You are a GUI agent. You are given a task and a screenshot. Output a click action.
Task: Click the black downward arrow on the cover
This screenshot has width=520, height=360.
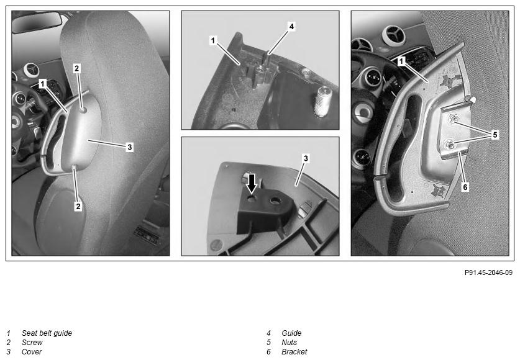click(252, 183)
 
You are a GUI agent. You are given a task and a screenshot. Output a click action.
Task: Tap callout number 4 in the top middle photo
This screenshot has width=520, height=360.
click(291, 27)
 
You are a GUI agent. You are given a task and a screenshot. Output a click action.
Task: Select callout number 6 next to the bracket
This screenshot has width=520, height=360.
click(465, 187)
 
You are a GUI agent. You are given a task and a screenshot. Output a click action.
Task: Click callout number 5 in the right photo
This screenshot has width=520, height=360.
click(495, 135)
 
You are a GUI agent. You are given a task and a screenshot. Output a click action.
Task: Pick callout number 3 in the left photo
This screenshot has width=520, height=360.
click(130, 147)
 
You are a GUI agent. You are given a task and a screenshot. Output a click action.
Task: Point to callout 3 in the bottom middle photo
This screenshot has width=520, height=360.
click(306, 158)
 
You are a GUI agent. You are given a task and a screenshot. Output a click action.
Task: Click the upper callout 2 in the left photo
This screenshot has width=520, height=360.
click(76, 68)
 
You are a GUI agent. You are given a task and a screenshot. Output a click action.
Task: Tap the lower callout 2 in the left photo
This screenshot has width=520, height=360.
click(78, 206)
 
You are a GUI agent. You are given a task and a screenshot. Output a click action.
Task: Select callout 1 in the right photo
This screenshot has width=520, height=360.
click(401, 61)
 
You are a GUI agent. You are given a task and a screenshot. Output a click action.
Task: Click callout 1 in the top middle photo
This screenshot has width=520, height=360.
click(213, 41)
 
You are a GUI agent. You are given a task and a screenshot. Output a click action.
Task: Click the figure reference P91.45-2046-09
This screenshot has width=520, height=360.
click(488, 272)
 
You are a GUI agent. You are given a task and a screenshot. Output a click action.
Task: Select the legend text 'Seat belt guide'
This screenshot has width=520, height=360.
click(47, 333)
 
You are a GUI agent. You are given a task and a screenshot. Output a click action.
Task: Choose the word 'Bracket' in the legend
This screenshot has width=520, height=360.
click(294, 352)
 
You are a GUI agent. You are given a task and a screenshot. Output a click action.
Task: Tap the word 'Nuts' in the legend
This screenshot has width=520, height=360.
click(289, 343)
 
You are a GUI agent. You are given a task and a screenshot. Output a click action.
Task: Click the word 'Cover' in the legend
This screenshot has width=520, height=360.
click(32, 352)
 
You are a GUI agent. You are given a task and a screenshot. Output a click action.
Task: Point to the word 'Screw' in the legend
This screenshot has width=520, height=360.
click(32, 343)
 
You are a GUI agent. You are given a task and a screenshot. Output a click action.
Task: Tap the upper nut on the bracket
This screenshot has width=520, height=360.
click(452, 119)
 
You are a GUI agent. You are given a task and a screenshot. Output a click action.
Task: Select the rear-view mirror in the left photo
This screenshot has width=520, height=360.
click(37, 22)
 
